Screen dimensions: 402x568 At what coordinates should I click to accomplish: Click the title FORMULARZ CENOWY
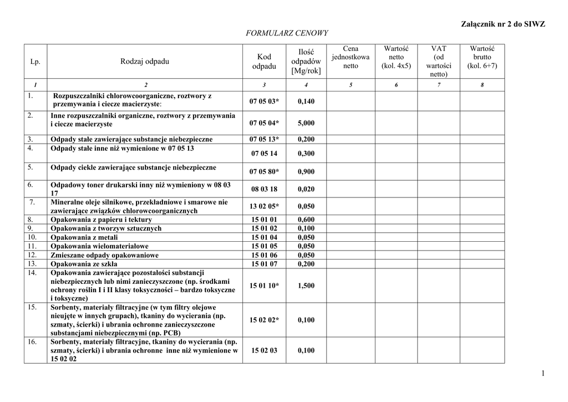pyautogui.click(x=287, y=33)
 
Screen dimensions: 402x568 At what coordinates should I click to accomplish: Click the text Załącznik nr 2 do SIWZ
pyautogui.click(x=503, y=24)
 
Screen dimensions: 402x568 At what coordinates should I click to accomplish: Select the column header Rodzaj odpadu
pyautogui.click(x=145, y=61)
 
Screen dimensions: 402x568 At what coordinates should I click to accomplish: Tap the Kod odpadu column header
pyautogui.click(x=264, y=62)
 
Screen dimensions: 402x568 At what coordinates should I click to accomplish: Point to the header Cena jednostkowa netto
pyautogui.click(x=351, y=57)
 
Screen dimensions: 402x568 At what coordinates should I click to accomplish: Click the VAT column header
pyautogui.click(x=438, y=61)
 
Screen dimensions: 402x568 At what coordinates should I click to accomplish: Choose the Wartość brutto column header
pyautogui.click(x=482, y=57)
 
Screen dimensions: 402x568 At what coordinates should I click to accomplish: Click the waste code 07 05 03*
pyautogui.click(x=264, y=101)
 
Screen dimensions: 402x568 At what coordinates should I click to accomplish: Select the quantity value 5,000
pyautogui.click(x=306, y=123)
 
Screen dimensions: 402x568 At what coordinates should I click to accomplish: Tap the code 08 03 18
pyautogui.click(x=264, y=189)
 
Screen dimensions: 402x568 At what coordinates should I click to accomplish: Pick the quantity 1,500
pyautogui.click(x=306, y=286)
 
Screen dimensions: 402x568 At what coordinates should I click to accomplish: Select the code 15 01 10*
pyautogui.click(x=264, y=286)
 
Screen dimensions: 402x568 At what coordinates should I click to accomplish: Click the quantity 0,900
pyautogui.click(x=306, y=172)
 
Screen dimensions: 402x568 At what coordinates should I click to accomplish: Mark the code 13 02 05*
pyautogui.click(x=264, y=206)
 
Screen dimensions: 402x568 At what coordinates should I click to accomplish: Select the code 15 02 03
pyautogui.click(x=264, y=350)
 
